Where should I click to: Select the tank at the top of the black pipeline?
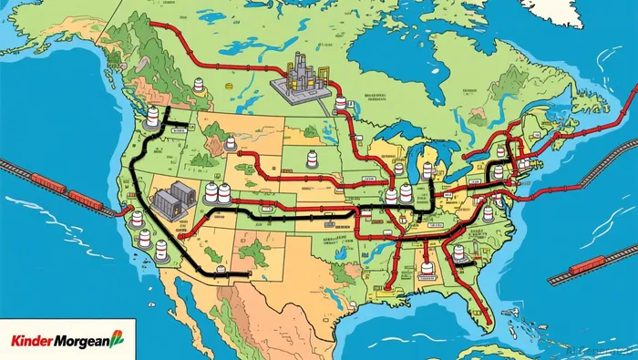click(153, 117)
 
